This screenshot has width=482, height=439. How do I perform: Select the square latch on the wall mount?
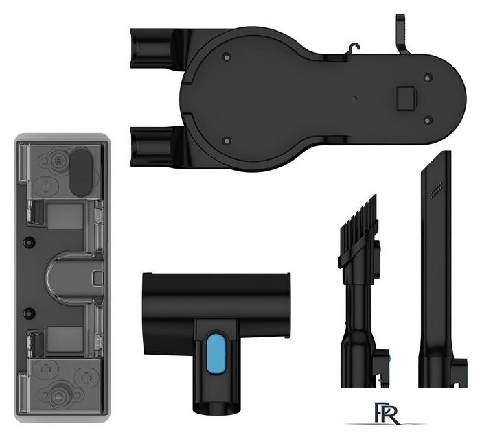(406, 99)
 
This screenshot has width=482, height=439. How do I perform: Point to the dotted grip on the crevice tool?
(436, 189)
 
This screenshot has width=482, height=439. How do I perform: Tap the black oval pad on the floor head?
(81, 171)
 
